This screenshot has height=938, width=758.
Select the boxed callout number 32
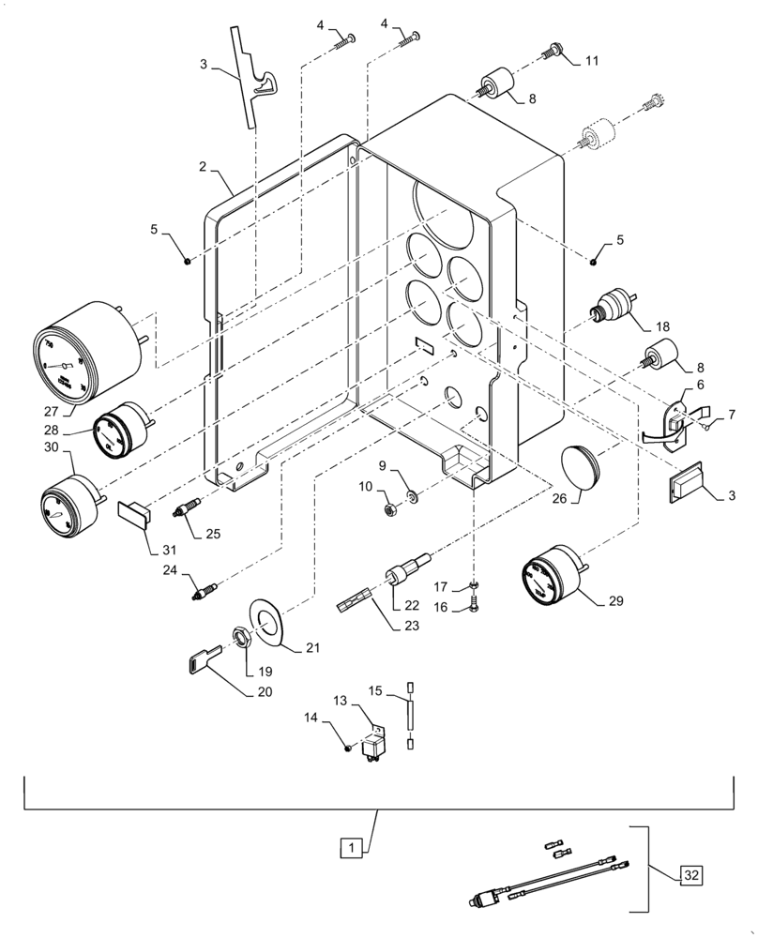[x=691, y=876]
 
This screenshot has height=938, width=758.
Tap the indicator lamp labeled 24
[x=204, y=593]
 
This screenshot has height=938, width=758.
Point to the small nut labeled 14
[x=348, y=748]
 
